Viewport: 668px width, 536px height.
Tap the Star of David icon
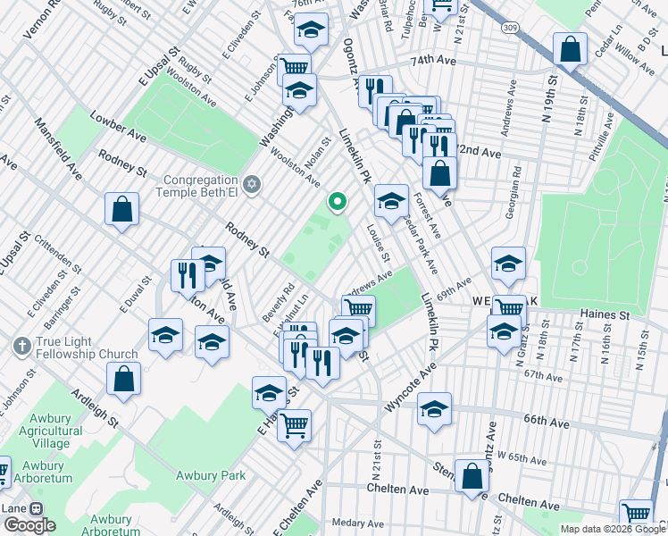pos(252,184)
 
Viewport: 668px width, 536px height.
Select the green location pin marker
pos(337,204)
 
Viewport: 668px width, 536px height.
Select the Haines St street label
pos(605,314)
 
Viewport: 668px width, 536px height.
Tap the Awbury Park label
pos(211,475)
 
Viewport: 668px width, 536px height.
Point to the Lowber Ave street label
pos(118,126)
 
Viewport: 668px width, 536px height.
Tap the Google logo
pos(29,525)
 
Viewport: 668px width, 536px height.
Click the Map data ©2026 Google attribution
pos(612,529)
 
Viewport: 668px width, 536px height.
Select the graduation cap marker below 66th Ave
pos(434,410)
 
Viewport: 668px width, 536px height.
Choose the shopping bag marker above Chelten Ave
pos(472,477)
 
